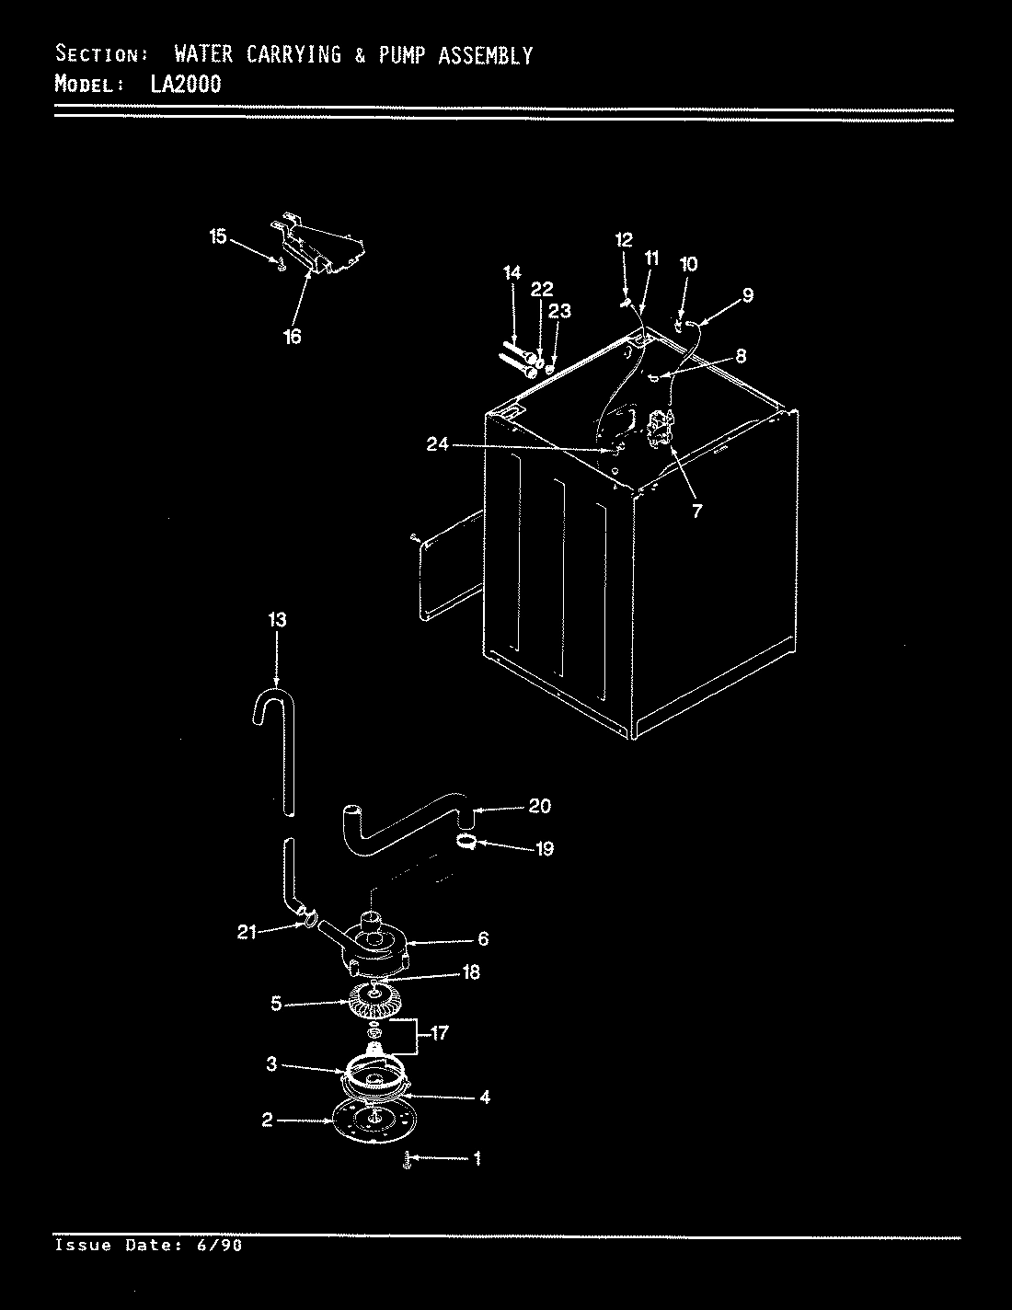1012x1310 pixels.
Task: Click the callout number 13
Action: pos(277,620)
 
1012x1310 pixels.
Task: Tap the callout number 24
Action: pos(437,445)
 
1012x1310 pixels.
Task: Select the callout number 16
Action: pos(292,337)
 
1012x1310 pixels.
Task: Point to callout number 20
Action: pos(539,806)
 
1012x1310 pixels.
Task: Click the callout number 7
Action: pos(696,511)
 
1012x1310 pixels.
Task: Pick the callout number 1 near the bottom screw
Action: pos(476,1158)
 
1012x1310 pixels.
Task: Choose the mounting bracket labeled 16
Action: pos(322,247)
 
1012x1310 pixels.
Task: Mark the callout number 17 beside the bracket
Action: pos(440,1033)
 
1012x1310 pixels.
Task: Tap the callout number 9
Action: pos(747,294)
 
